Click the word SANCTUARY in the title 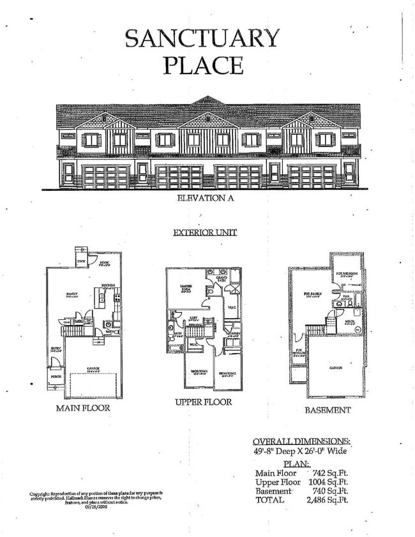pyautogui.click(x=202, y=38)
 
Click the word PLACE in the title pyautogui.click(x=202, y=66)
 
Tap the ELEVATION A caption pyautogui.click(x=204, y=199)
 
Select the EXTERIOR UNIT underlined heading pyautogui.click(x=204, y=232)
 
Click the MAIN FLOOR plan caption pyautogui.click(x=83, y=407)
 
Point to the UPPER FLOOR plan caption pyautogui.click(x=204, y=402)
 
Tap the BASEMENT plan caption pyautogui.click(x=327, y=410)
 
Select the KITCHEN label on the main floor pyautogui.click(x=108, y=286)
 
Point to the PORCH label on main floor pyautogui.click(x=56, y=386)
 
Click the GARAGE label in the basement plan pyautogui.click(x=336, y=368)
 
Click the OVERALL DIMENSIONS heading pyautogui.click(x=301, y=441)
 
